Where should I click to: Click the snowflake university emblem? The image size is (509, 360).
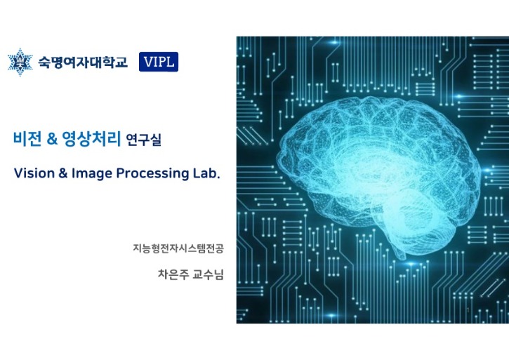20,62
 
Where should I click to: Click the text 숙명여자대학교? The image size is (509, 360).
83,62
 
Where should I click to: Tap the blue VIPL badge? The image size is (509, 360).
159,62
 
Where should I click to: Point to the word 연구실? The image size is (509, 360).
143,140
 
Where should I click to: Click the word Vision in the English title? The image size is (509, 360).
34,173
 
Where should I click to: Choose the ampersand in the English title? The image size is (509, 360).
62,173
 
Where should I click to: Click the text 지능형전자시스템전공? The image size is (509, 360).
178,248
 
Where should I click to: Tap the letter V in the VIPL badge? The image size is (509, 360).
148,62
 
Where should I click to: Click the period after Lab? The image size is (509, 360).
218,178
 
